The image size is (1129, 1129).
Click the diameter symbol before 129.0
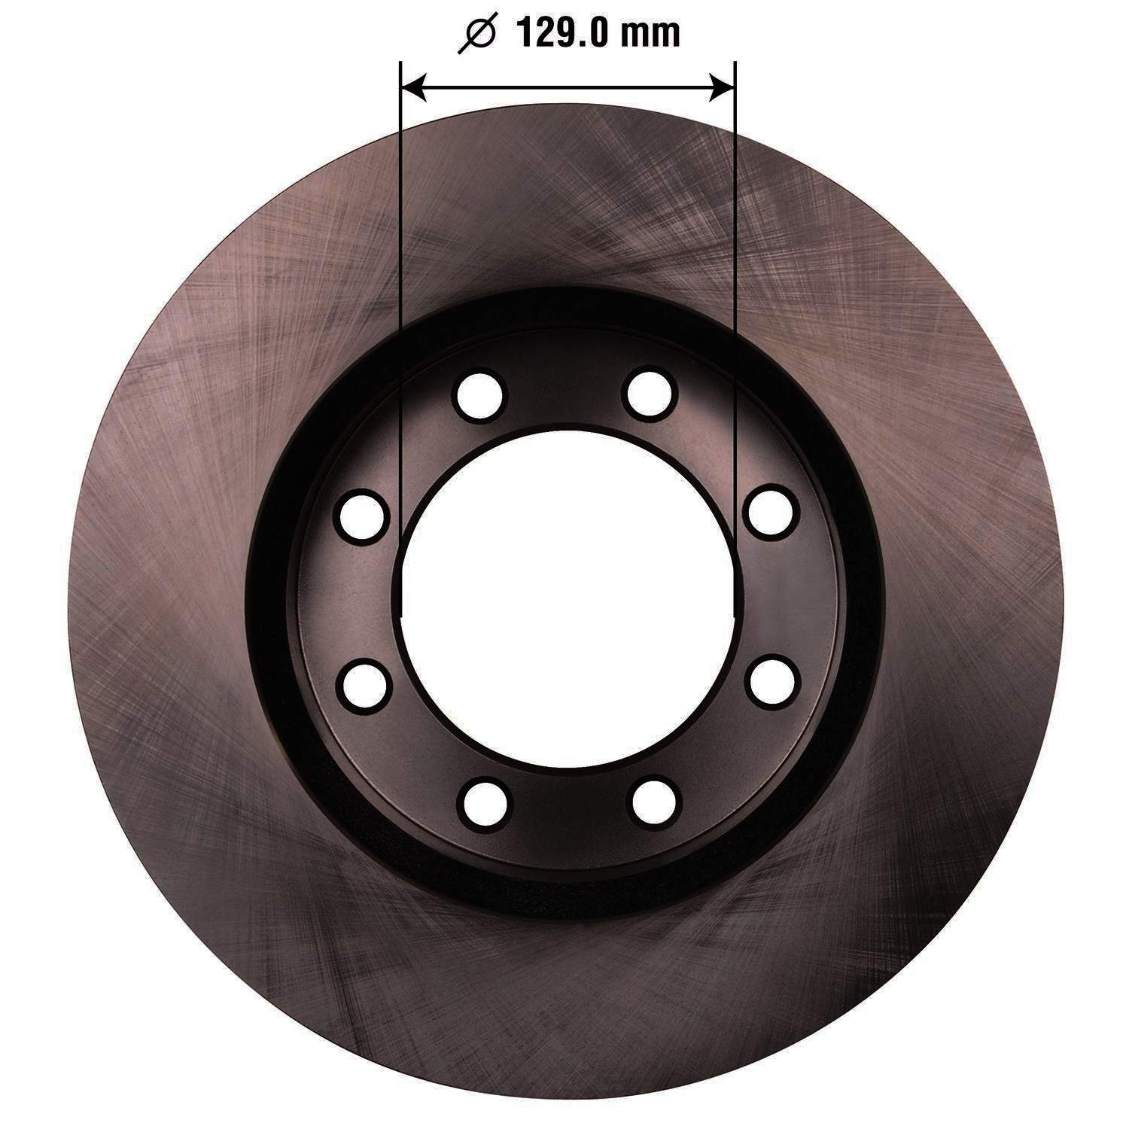pos(476,34)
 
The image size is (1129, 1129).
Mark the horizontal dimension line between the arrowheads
pos(568,88)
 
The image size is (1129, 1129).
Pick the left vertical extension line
pos(401,339)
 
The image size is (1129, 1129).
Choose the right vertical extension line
pos(734,339)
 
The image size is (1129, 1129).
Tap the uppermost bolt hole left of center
pos(481,392)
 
